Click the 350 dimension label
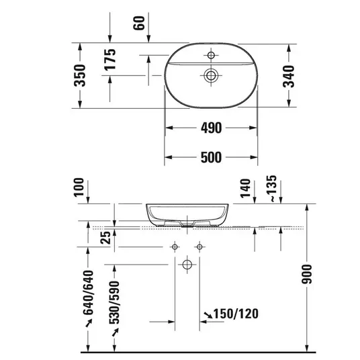coord(80,75)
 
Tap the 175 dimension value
coord(110,59)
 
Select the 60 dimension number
coord(139,23)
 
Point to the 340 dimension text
coord(289,77)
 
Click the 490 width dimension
coord(211,128)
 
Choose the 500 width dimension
coord(211,157)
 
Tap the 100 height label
coord(79,187)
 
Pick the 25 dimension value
coord(105,237)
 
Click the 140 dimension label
coord(245,188)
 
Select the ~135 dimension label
coord(272,189)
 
